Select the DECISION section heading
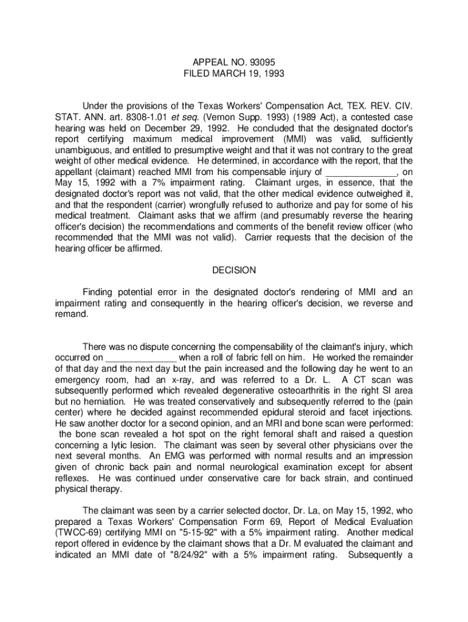pos(234,270)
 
